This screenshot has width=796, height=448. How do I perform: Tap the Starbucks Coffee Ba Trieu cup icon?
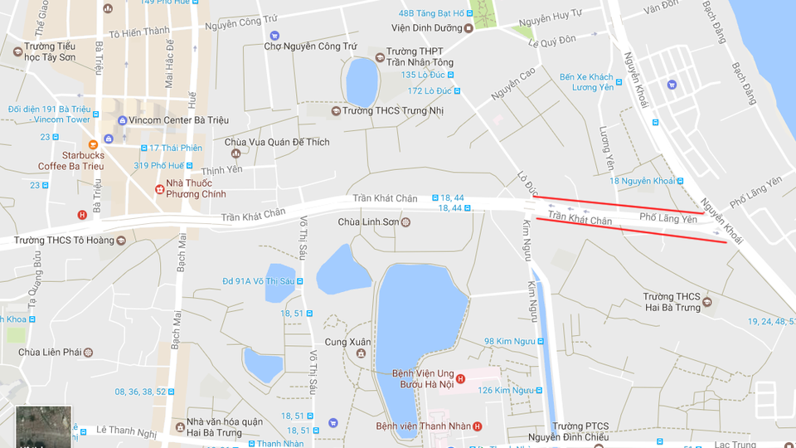click(107, 139)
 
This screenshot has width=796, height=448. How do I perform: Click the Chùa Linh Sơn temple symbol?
click(405, 222)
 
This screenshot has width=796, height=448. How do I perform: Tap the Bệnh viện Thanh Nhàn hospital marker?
click(477, 426)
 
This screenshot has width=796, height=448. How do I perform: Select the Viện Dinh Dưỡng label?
click(426, 28)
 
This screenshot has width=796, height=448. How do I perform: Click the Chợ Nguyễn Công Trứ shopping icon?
click(274, 36)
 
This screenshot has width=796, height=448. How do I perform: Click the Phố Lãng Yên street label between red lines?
click(667, 218)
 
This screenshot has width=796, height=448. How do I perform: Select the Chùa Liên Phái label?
click(50, 353)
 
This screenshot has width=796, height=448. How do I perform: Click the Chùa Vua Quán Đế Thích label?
click(277, 143)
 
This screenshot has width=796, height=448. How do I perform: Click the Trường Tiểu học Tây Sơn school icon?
click(18, 51)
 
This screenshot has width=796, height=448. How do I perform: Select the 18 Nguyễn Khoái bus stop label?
click(643, 181)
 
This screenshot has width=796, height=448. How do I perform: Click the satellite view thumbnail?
click(44, 426)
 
